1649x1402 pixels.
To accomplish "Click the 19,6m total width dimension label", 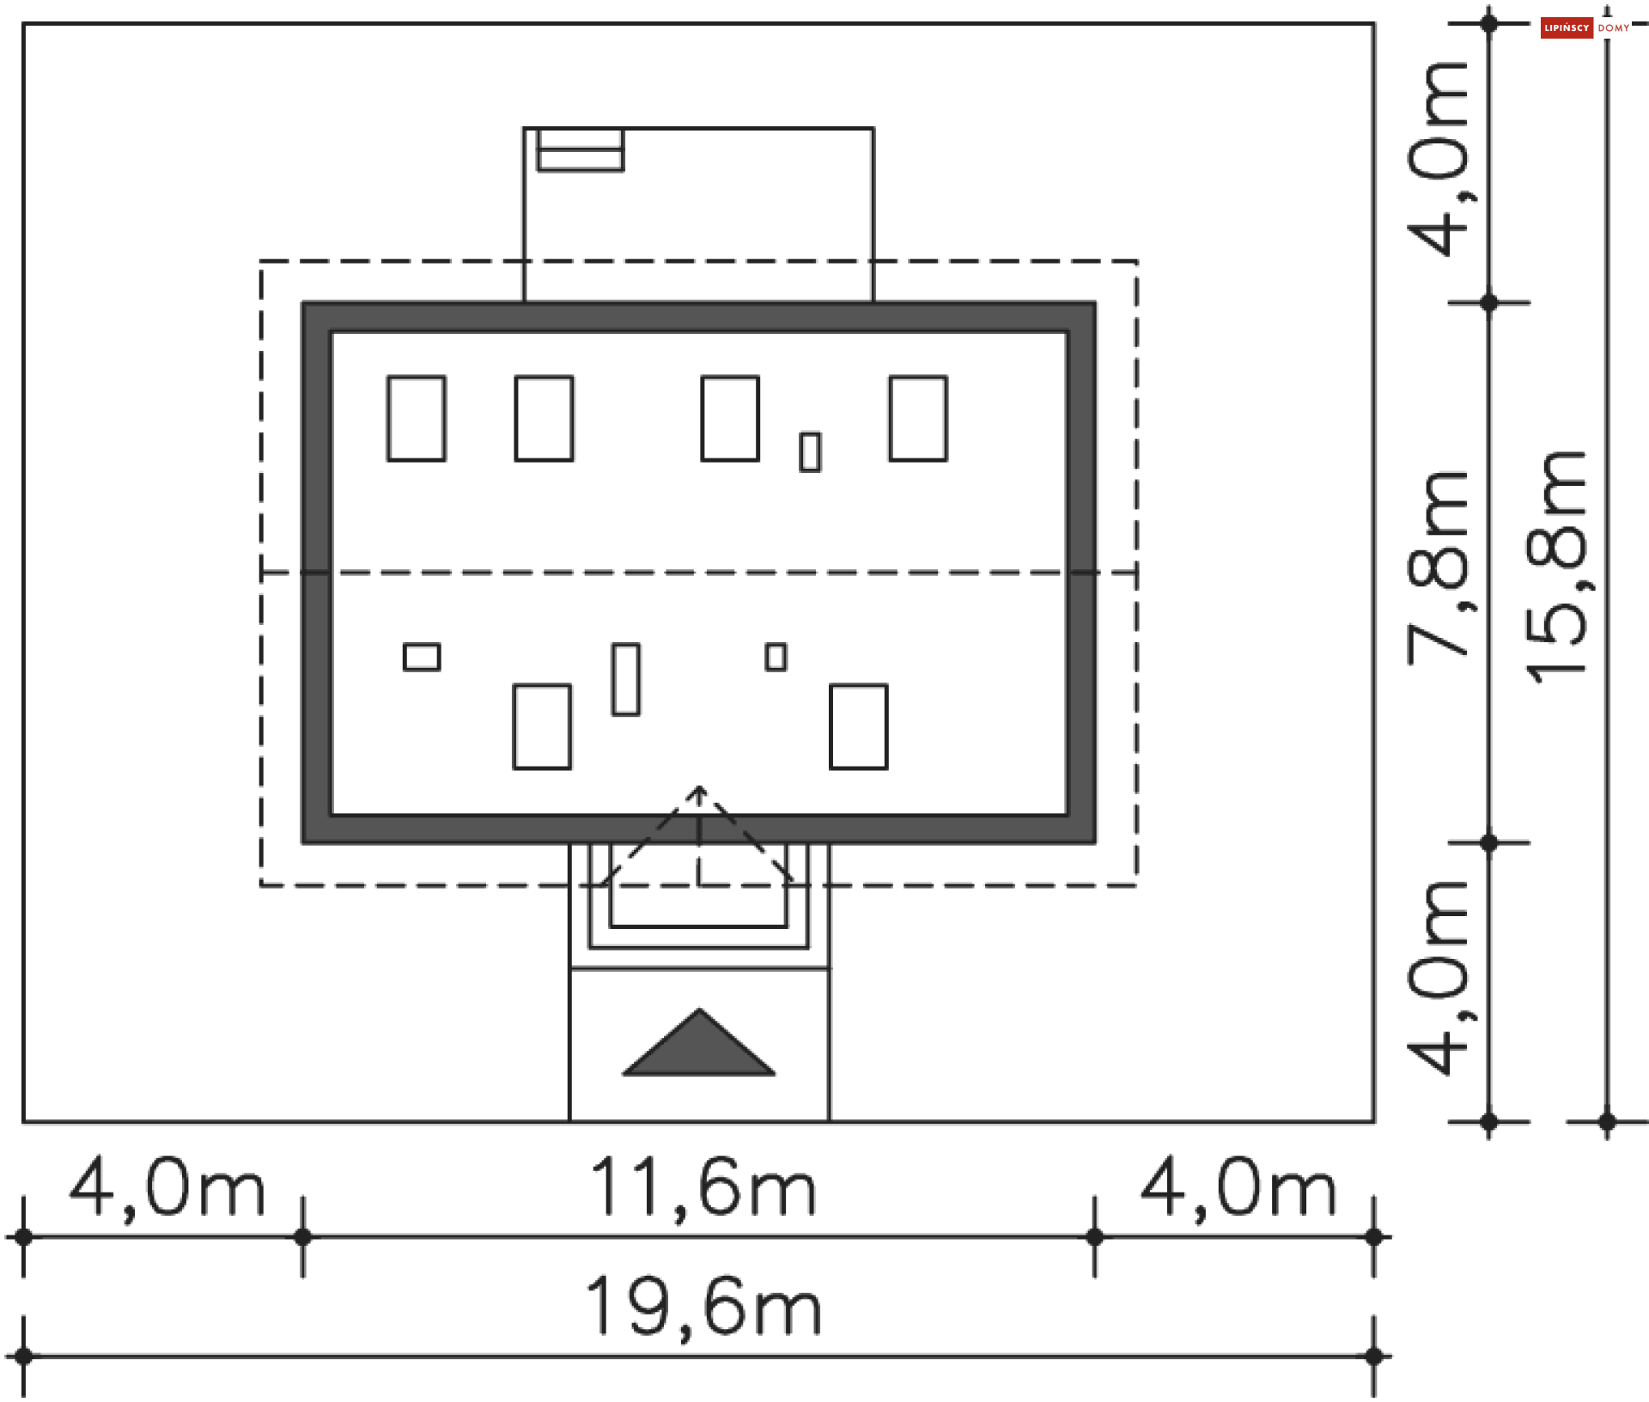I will (x=703, y=1307).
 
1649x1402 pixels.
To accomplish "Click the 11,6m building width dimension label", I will (x=703, y=1188).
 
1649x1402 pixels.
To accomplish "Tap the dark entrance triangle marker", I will (x=699, y=1046).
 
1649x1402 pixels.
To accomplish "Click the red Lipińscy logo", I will (x=1567, y=28).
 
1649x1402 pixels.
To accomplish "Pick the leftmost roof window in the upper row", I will (x=417, y=419).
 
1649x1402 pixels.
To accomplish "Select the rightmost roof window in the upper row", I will (x=918, y=419).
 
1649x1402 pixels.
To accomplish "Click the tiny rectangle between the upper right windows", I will (x=810, y=452).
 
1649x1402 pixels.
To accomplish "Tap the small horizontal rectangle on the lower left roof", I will (x=422, y=658).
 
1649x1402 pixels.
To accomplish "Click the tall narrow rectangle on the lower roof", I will (x=626, y=679).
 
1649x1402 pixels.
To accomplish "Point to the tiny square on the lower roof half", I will (x=776, y=658).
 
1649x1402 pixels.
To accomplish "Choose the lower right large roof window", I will (x=859, y=726).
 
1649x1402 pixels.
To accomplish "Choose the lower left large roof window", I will (x=542, y=726).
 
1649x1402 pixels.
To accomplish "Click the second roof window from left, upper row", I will (x=544, y=419).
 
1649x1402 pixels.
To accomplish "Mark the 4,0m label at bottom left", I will (x=167, y=1189).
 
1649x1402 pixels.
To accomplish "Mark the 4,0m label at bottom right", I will (x=1238, y=1189).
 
